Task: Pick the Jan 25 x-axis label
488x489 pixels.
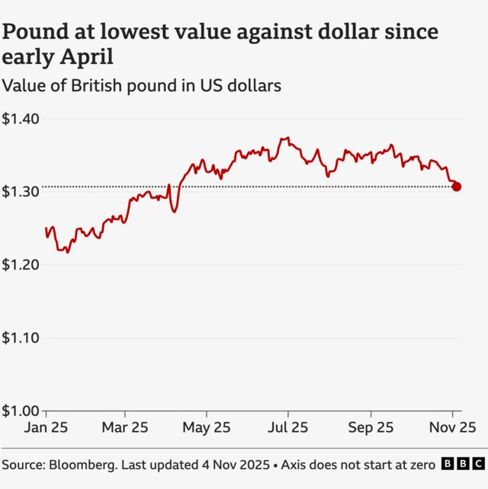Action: pos(46,428)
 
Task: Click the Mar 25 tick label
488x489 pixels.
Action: pos(125,428)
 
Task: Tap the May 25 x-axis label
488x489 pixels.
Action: pos(207,428)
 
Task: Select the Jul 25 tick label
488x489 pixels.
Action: pos(287,428)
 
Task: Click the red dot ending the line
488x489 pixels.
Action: pos(456,187)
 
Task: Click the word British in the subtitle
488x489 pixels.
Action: pos(98,85)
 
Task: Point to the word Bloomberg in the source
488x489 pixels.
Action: pos(83,464)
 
